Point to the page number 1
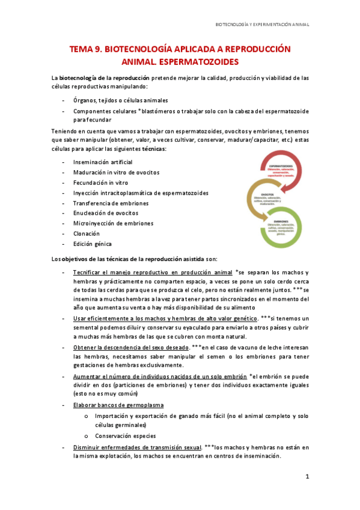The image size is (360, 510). point(307,477)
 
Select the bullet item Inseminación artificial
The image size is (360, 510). point(103,162)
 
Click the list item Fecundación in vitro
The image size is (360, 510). point(100,183)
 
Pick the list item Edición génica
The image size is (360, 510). point(92,244)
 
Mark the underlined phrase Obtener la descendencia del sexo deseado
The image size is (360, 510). point(129,348)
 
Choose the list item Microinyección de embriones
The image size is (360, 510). point(113,223)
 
